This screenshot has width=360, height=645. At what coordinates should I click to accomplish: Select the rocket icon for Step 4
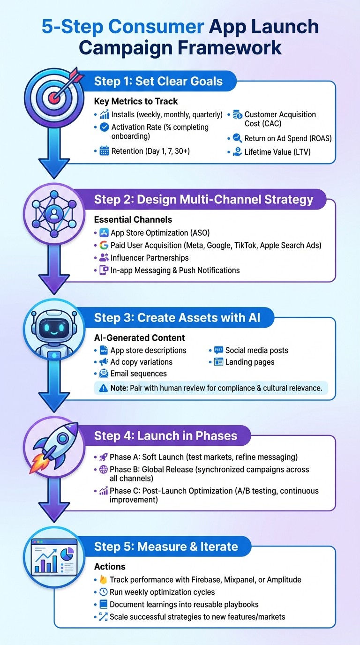55,447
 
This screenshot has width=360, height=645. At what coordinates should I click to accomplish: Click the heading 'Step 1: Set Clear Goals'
158,81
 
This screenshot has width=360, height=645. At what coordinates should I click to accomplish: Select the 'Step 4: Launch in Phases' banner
165,435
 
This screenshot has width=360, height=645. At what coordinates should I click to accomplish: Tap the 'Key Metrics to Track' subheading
136,101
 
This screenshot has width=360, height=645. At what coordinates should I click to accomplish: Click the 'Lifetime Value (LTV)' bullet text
277,151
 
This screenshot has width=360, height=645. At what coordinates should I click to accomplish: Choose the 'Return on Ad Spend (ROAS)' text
287,138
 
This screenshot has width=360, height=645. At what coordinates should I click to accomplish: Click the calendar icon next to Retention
104,151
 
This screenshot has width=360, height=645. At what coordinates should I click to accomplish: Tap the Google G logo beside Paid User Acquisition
104,245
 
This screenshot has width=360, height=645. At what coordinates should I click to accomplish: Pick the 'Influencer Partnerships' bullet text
150,258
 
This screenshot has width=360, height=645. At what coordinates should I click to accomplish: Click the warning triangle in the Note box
103,388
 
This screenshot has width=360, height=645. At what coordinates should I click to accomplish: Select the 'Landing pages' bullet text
250,362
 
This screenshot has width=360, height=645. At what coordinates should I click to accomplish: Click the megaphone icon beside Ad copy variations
104,362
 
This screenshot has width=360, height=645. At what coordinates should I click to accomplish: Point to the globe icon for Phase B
104,470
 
